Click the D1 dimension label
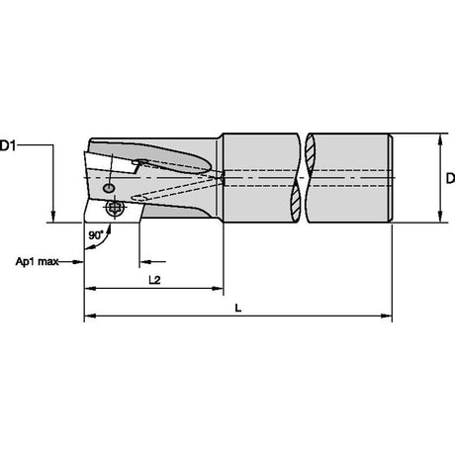click(x=8, y=145)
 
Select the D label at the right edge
click(x=450, y=178)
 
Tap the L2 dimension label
click(x=154, y=280)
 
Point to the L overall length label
click(x=238, y=309)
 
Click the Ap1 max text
click(x=37, y=262)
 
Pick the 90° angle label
click(x=96, y=235)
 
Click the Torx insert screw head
click(x=115, y=207)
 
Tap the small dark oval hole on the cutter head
click(x=109, y=188)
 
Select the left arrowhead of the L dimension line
click(x=90, y=316)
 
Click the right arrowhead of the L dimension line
click(x=387, y=316)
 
